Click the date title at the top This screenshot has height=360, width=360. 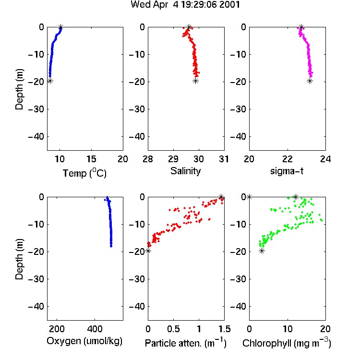click(185, 4)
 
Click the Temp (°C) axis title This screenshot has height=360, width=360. click(84, 173)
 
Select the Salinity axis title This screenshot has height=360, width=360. click(185, 171)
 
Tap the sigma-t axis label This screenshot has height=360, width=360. click(287, 171)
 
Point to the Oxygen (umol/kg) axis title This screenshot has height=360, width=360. click(84, 341)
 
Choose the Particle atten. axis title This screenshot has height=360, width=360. click(186, 343)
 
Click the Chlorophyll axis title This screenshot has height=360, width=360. click(287, 343)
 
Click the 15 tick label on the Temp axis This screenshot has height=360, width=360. click(91, 159)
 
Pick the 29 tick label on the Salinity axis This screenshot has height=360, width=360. click(173, 159)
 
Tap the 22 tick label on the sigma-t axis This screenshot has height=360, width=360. click(288, 159)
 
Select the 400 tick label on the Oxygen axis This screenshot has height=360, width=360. click(95, 329)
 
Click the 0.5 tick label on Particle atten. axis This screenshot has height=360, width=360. click(173, 329)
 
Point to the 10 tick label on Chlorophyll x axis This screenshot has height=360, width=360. click(288, 329)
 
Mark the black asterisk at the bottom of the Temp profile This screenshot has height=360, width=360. click(50, 81)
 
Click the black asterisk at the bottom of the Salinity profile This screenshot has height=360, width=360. click(196, 81)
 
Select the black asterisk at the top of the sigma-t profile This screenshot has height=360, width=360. click(301, 27)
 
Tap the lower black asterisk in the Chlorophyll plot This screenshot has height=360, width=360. click(262, 251)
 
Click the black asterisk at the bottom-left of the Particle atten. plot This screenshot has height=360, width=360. click(148, 251)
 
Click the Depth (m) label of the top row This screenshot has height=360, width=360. click(19, 89)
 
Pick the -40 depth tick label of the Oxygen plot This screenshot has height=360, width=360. click(36, 306)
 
